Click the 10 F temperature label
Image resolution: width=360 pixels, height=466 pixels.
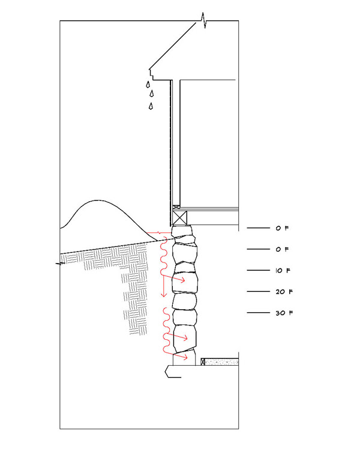click(x=283, y=270)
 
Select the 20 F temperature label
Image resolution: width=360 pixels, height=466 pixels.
click(x=284, y=292)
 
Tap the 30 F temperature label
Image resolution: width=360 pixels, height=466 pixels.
click(x=284, y=313)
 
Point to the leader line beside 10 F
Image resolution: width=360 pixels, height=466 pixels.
click(x=259, y=270)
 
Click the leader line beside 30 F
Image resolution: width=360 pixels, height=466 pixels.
click(x=259, y=313)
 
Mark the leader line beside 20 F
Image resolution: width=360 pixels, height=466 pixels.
click(x=259, y=291)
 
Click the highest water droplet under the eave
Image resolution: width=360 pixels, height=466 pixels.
click(x=148, y=85)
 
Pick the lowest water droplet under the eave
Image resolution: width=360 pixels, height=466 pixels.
click(x=151, y=106)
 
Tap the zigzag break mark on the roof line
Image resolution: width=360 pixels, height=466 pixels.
click(x=203, y=20)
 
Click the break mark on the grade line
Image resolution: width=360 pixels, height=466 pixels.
click(x=60, y=263)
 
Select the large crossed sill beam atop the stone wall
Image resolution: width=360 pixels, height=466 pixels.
click(x=180, y=218)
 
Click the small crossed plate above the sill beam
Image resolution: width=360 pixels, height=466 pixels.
click(x=176, y=207)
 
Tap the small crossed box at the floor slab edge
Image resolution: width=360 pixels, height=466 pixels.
click(x=203, y=362)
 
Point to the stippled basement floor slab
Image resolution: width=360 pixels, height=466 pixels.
click(x=221, y=362)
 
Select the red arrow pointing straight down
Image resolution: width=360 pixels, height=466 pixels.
click(x=163, y=286)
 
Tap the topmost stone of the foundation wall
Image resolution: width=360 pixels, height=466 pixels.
click(x=182, y=231)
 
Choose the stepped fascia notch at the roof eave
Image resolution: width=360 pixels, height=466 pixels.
click(x=152, y=74)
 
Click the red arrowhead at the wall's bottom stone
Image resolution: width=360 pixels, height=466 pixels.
click(x=185, y=357)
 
